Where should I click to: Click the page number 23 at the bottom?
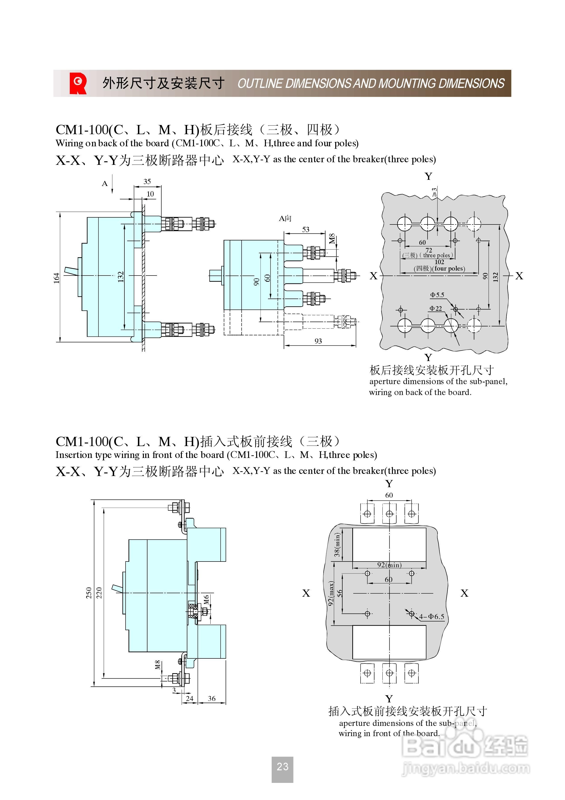point(282,767)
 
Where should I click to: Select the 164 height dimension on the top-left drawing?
point(57,278)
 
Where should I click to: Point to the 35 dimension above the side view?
point(147,181)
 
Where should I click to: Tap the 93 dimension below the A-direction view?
point(318,341)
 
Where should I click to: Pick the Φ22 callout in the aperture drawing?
point(435,308)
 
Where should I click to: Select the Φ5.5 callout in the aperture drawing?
point(437,295)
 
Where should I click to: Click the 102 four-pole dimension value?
point(439,262)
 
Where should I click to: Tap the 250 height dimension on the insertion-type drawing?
point(89,593)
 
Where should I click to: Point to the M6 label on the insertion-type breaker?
point(206,599)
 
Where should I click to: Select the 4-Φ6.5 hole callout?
point(432,616)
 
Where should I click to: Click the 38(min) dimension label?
point(337,545)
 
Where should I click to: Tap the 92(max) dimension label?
point(331,593)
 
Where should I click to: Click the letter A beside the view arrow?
point(104,184)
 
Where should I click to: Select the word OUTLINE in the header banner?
point(260,84)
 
